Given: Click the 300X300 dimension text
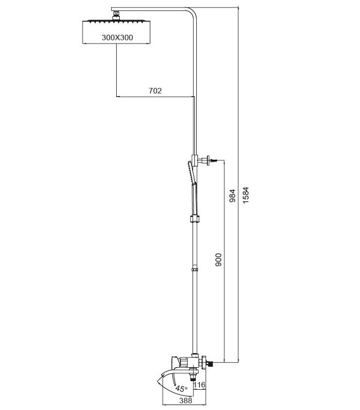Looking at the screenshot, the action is point(117,37).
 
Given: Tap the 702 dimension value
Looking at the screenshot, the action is point(155,91).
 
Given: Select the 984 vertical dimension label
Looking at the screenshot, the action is point(232,196).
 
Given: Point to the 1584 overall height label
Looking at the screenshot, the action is point(246,195).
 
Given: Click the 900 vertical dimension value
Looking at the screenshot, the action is point(218,259).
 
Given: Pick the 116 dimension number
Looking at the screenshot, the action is point(200,385).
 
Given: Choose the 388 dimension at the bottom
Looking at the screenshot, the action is point(185,400).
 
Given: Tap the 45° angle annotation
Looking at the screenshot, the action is point(182,389).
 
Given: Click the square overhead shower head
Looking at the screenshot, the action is point(116,32).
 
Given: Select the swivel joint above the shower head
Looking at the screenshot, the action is point(116,15).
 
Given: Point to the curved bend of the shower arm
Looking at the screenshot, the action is point(193,12).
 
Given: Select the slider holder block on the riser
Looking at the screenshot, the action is point(194,160).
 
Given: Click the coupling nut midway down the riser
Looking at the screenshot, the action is point(194,218).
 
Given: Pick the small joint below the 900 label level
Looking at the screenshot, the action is point(194,269).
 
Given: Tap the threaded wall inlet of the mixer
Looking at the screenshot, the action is point(209,363).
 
